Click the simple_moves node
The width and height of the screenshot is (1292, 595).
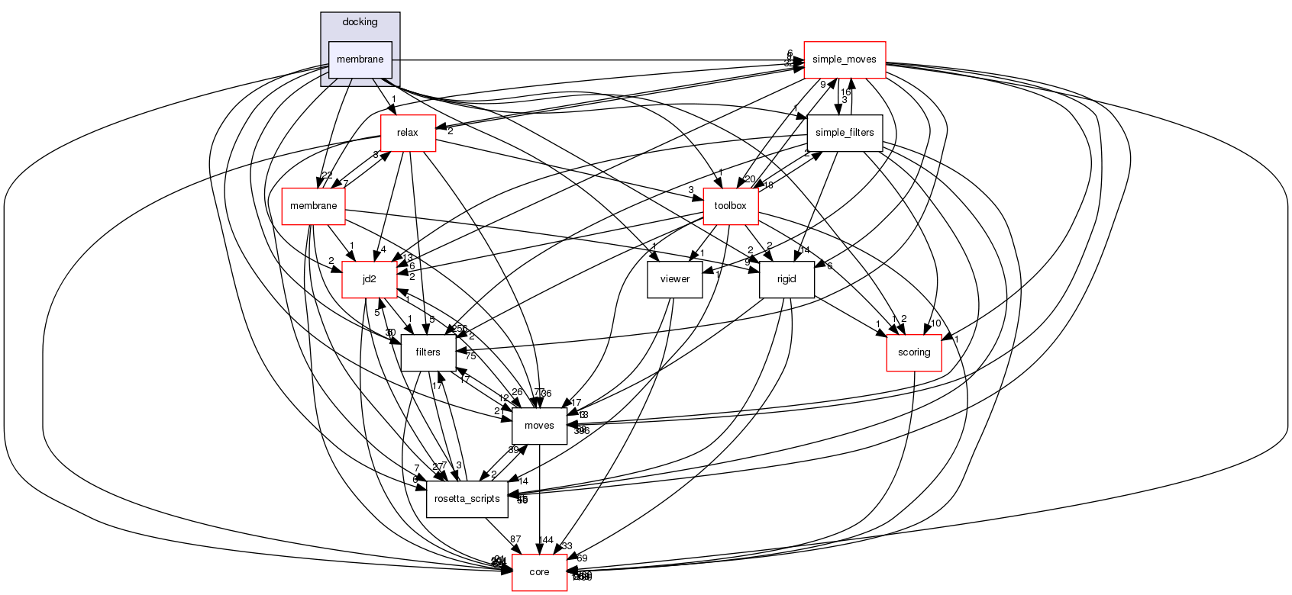(x=844, y=59)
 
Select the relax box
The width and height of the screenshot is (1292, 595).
(x=408, y=133)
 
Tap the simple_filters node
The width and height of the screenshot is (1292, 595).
(x=845, y=133)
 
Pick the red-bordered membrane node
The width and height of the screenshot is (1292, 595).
(x=313, y=206)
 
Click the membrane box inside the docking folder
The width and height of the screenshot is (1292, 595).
(x=360, y=59)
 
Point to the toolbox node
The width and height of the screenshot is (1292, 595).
(x=730, y=206)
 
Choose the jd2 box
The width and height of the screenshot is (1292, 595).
(x=369, y=279)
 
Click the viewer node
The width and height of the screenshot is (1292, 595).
(x=675, y=279)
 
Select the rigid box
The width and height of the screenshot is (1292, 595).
(x=787, y=279)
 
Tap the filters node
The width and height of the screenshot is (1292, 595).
(x=428, y=352)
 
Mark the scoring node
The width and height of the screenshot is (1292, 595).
(x=914, y=352)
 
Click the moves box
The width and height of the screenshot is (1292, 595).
(x=539, y=426)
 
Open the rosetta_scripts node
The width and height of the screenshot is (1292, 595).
(x=467, y=499)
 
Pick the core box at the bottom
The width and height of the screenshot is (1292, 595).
(x=539, y=572)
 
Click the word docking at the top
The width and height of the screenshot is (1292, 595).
(x=360, y=22)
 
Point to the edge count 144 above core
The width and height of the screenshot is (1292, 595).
(x=545, y=540)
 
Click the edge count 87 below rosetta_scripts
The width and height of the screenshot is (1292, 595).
(x=515, y=540)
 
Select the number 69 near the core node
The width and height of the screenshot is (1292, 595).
(x=582, y=558)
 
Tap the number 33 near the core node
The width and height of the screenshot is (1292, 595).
(x=567, y=546)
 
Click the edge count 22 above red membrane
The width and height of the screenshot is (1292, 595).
(x=327, y=175)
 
